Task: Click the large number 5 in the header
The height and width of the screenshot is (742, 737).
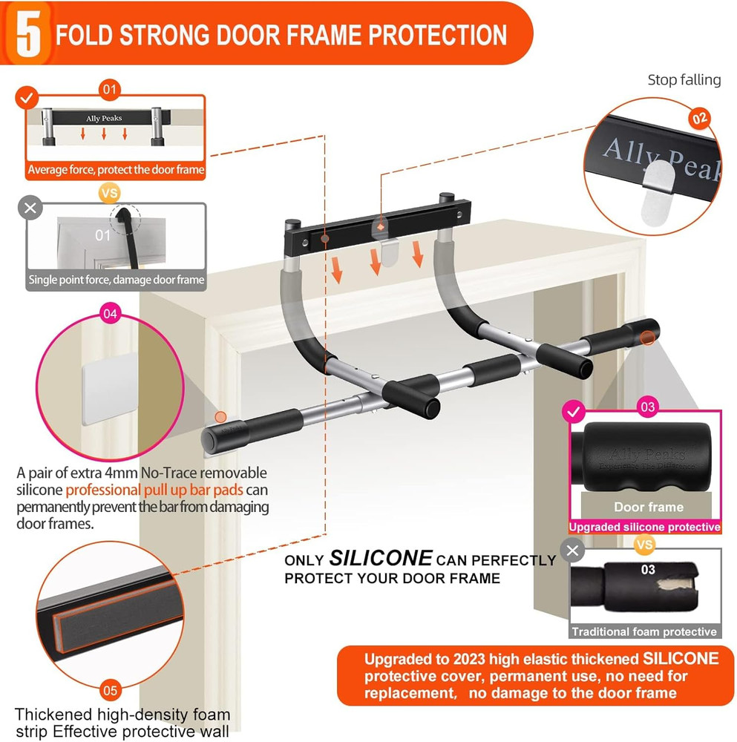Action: click(x=28, y=33)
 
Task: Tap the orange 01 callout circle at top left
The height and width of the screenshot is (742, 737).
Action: click(x=110, y=91)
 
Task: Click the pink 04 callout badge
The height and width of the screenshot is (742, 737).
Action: click(x=110, y=314)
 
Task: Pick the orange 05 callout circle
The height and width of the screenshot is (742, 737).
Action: click(x=110, y=691)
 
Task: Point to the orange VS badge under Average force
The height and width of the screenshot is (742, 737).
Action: click(x=110, y=192)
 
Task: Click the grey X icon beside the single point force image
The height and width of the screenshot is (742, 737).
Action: click(x=30, y=209)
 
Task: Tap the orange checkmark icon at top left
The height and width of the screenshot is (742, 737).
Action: click(x=27, y=97)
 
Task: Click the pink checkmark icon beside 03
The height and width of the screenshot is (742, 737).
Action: click(x=572, y=410)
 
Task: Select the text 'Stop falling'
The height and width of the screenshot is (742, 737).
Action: click(x=684, y=80)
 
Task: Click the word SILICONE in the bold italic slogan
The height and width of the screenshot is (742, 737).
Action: click(x=380, y=559)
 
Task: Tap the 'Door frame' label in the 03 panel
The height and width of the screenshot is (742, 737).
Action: click(x=648, y=508)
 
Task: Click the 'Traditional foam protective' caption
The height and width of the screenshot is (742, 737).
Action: click(x=644, y=632)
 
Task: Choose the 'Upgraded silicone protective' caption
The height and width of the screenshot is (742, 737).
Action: click(x=644, y=527)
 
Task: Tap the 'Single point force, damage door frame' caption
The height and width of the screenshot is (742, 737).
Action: click(x=116, y=280)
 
